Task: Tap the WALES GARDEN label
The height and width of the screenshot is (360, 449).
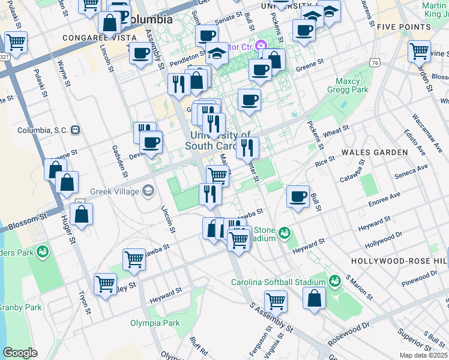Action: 375,152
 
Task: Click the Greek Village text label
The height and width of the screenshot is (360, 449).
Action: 114,192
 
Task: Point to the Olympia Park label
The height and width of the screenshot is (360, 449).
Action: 155,323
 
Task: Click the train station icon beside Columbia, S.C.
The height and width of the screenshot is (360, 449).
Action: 76,130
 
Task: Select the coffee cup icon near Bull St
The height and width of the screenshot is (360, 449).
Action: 298,196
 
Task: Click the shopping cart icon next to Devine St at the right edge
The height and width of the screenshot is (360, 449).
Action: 419,51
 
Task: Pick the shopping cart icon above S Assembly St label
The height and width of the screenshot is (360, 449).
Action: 276,300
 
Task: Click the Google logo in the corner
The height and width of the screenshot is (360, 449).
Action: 20,353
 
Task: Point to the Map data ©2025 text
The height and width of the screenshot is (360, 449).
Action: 424,355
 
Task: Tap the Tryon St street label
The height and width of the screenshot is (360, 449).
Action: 83,303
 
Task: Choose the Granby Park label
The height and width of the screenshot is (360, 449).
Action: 19,307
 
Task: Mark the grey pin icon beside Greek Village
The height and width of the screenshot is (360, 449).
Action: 148,192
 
